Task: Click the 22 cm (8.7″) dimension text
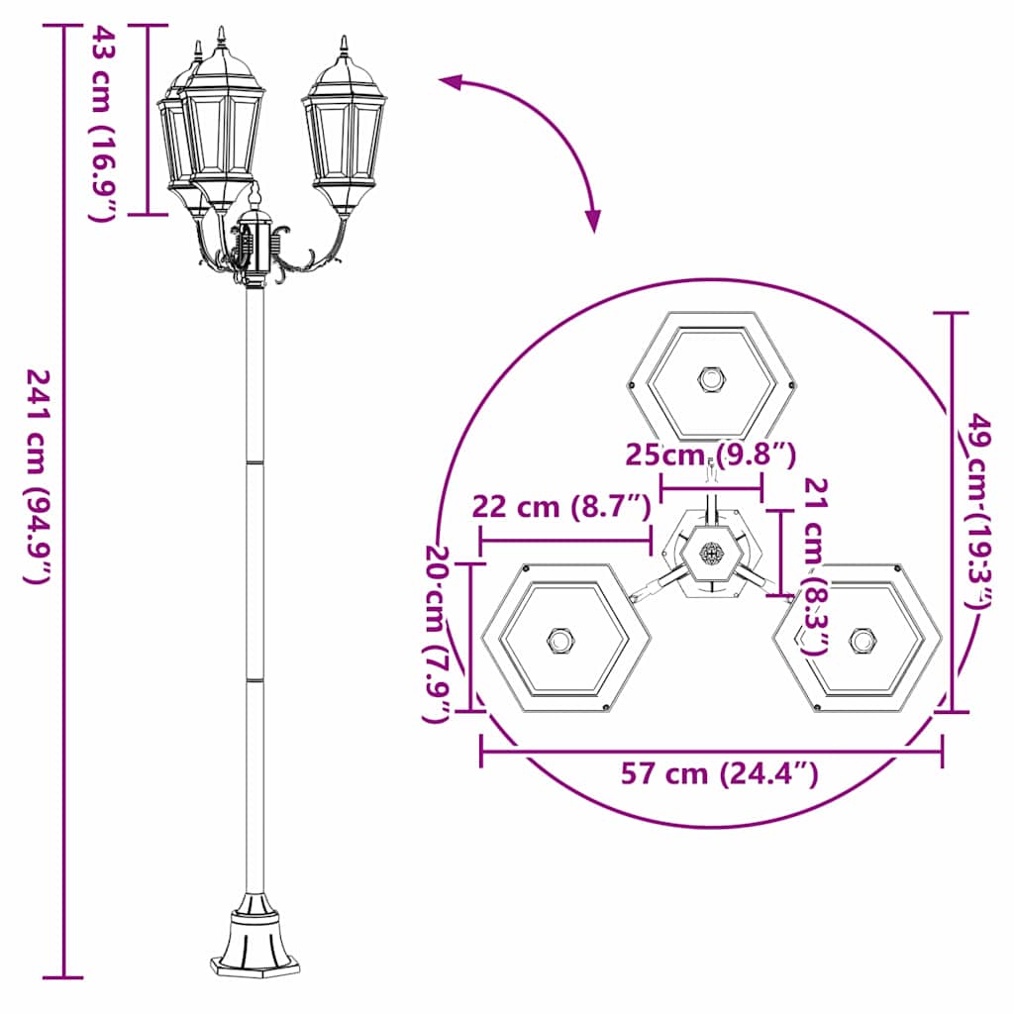[560, 507]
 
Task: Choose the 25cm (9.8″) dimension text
[710, 455]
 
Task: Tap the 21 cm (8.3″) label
[816, 564]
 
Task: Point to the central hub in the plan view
[711, 557]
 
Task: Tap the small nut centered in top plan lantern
[711, 379]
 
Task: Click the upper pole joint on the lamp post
[254, 462]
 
